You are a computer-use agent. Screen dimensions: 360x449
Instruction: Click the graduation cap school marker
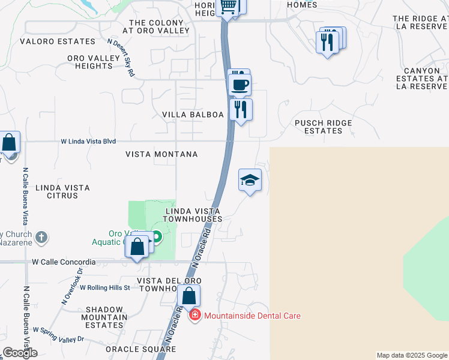(x=250, y=180)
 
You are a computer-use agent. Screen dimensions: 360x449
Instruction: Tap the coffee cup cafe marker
(x=240, y=85)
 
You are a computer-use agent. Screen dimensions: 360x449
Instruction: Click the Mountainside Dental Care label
(x=252, y=316)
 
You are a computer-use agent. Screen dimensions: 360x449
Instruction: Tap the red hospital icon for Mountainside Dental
(x=194, y=316)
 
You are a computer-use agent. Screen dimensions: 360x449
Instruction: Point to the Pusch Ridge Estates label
(x=324, y=127)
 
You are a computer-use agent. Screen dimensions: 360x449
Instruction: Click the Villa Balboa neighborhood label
(x=193, y=115)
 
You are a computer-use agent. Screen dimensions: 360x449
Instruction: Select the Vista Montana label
(x=161, y=154)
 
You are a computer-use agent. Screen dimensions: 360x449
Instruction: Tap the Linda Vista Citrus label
(x=63, y=191)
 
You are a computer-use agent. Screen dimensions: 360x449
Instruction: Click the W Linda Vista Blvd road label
(x=88, y=142)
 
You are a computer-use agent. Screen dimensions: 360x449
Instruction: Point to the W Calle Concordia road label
(x=64, y=262)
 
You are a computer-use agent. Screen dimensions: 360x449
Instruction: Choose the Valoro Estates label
(x=58, y=41)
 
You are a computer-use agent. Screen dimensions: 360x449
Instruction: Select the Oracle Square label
(x=140, y=349)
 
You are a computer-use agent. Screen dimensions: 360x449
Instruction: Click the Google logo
(x=20, y=353)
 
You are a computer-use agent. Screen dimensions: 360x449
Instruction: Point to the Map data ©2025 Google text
(x=412, y=355)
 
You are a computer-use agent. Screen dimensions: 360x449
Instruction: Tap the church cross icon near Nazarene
(x=41, y=236)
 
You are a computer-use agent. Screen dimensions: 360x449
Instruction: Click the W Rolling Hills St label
(x=104, y=288)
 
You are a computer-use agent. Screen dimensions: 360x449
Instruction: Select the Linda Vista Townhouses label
(x=193, y=215)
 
